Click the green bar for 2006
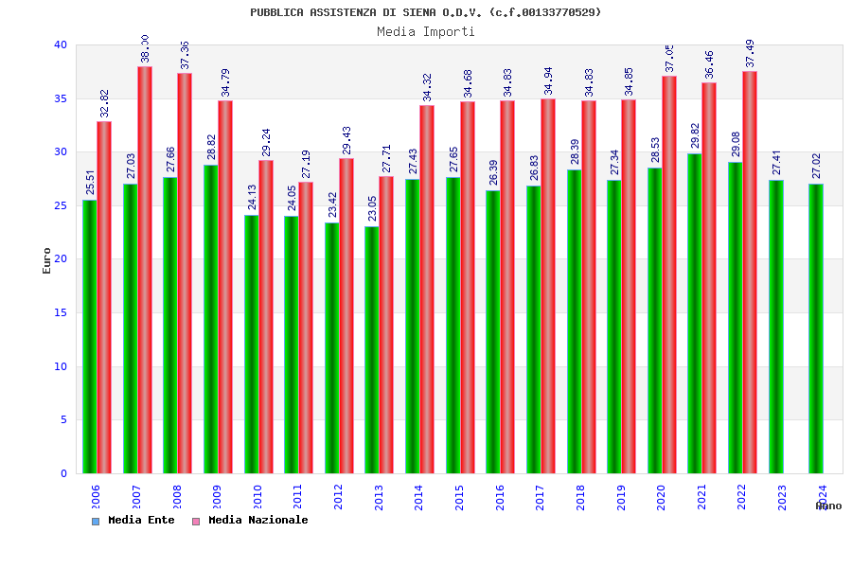click(x=89, y=336)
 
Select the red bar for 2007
click(x=145, y=270)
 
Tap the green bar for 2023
click(x=776, y=327)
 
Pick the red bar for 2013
click(x=386, y=325)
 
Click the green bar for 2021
click(x=695, y=313)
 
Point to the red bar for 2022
click(x=750, y=272)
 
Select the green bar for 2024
click(x=816, y=328)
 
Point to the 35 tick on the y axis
click(x=61, y=98)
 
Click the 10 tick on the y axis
click(x=61, y=366)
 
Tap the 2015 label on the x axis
click(x=459, y=497)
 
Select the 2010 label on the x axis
click(x=257, y=497)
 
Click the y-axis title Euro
click(x=47, y=260)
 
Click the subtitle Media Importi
click(x=426, y=31)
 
